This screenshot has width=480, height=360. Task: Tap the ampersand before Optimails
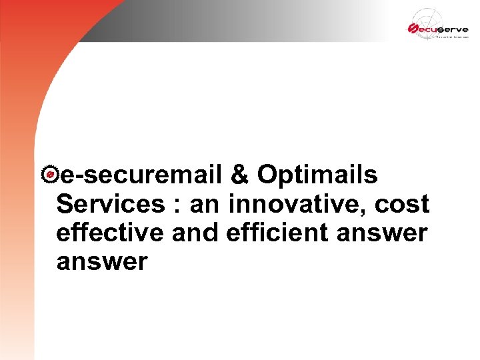240,175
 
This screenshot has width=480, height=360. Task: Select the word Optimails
317,175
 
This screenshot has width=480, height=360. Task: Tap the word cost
401,205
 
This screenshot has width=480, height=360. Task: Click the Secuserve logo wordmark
441,29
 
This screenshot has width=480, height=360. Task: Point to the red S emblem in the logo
413,28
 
